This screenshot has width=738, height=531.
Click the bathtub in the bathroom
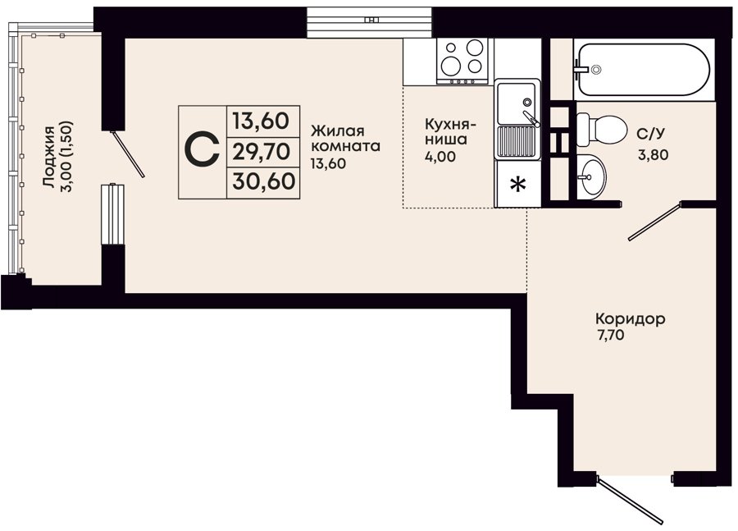[644, 70]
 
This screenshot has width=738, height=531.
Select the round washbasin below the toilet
[591, 176]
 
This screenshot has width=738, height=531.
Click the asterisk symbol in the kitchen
[518, 185]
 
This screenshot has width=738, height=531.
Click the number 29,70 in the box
[262, 152]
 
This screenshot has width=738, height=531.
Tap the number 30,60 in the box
[263, 181]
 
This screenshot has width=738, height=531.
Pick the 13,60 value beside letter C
[261, 121]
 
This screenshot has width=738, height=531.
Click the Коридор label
[631, 319]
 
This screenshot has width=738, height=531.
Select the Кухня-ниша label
[450, 132]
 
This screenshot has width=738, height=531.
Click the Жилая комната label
[345, 138]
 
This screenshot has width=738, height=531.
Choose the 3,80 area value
[653, 154]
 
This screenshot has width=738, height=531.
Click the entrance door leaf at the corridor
[630, 500]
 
